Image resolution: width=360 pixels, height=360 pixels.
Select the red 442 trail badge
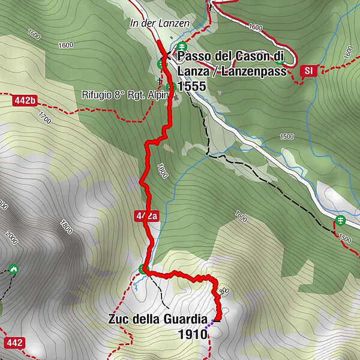[x=14, y=343]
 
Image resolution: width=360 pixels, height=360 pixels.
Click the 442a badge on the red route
[x=148, y=217]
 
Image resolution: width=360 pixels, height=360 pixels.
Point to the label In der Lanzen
[x=159, y=23]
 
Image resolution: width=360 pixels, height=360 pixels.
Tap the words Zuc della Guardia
[x=158, y=319]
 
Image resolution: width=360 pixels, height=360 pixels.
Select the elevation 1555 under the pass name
[x=191, y=86]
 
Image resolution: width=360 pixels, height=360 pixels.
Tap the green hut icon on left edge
[x=13, y=268]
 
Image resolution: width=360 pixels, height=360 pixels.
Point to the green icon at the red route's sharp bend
[x=142, y=269]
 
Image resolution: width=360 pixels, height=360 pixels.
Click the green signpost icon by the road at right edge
[x=341, y=220]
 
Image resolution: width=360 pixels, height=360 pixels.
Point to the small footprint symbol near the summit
[x=224, y=291]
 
